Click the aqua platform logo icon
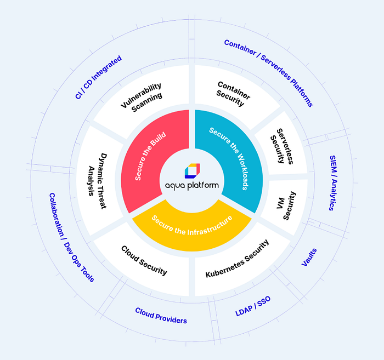[x=192, y=171]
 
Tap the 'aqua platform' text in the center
[x=192, y=186]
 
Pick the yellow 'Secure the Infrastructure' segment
[x=192, y=232]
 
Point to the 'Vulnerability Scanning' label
[x=142, y=98]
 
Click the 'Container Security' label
[x=233, y=94]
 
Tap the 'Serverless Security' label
[x=281, y=146]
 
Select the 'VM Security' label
[x=286, y=205]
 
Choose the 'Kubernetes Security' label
[x=238, y=259]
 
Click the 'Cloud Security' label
[x=144, y=261]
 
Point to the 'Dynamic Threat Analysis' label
[x=98, y=181]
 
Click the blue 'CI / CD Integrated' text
[x=98, y=77]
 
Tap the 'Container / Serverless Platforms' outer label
[x=269, y=73]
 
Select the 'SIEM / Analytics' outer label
[x=333, y=183]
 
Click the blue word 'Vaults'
[x=309, y=257]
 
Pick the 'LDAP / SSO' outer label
[x=253, y=306]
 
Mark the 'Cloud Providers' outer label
[x=161, y=316]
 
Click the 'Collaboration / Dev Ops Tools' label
[x=71, y=237]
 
